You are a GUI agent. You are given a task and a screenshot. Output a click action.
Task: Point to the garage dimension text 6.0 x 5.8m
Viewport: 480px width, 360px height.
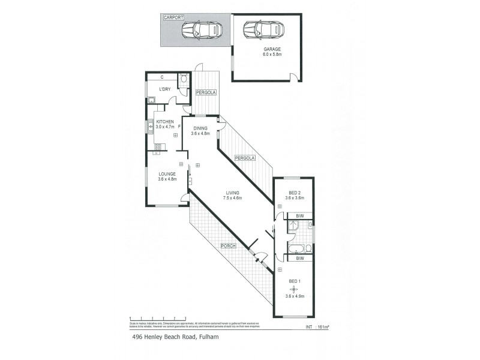click(272, 54)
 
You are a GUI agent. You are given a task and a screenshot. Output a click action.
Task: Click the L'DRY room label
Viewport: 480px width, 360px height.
click(164, 89)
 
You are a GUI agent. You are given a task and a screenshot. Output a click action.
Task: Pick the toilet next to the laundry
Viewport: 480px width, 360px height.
click(184, 78)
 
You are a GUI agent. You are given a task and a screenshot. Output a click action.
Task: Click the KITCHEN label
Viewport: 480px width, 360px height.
click(165, 122)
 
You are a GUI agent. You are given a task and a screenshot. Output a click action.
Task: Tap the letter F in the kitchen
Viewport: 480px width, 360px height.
click(179, 127)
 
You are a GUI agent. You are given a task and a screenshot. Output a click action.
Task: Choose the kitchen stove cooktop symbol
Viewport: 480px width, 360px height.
click(159, 146)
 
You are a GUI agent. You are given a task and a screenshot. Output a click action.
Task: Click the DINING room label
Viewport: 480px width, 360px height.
click(201, 128)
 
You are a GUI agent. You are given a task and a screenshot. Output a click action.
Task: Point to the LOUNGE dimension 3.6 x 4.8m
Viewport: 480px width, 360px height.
click(167, 179)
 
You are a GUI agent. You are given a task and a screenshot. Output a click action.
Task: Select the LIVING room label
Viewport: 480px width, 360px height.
click(233, 193)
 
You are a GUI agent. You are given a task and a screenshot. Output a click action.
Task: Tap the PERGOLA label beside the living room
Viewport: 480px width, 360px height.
click(245, 158)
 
